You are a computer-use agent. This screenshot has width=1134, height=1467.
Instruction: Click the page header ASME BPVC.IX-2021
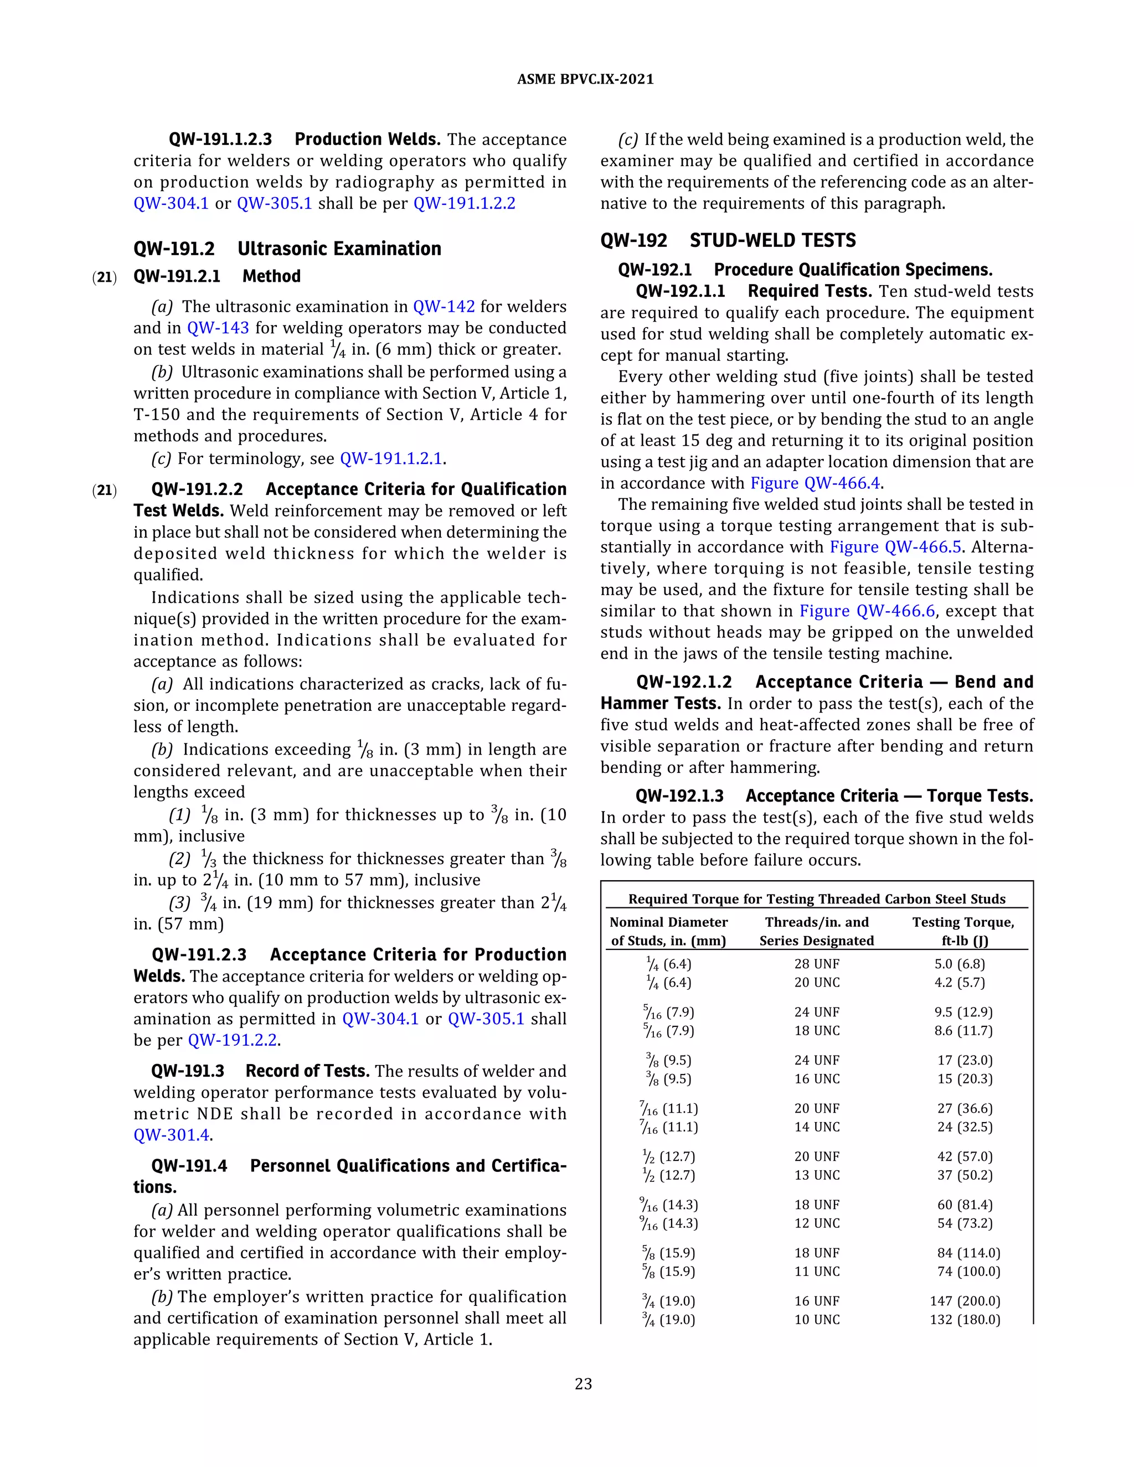coord(585,79)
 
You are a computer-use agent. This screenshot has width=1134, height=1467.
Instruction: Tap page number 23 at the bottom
coord(583,1384)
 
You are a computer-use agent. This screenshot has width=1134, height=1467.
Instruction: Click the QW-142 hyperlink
coord(444,307)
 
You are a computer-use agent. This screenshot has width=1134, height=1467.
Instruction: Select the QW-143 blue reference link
coord(218,328)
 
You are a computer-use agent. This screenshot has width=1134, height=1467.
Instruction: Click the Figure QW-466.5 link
coord(895,547)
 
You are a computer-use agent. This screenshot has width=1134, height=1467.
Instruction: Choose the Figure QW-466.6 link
coord(867,611)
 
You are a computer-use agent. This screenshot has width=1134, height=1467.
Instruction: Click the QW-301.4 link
coord(171,1135)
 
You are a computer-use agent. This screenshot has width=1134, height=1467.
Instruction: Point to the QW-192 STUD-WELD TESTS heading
coord(728,240)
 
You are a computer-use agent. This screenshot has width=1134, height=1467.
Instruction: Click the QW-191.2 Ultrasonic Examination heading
coord(287,249)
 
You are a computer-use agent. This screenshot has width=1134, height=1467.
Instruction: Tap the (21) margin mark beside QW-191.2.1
coord(104,277)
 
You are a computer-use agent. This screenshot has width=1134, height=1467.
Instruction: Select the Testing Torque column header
coord(963,932)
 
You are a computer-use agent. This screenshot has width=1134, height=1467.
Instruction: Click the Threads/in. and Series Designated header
coord(817,932)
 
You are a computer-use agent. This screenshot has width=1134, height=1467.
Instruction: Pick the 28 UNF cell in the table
coord(817,964)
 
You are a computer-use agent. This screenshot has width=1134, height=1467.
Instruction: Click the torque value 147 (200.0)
coord(965,1301)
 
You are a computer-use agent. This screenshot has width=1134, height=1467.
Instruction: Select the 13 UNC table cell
coord(817,1175)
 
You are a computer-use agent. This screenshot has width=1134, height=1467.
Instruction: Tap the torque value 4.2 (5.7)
coord(960,983)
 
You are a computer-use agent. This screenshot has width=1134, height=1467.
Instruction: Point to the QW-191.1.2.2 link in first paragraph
coord(464,204)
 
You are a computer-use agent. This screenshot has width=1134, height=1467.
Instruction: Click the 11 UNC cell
coord(817,1272)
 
